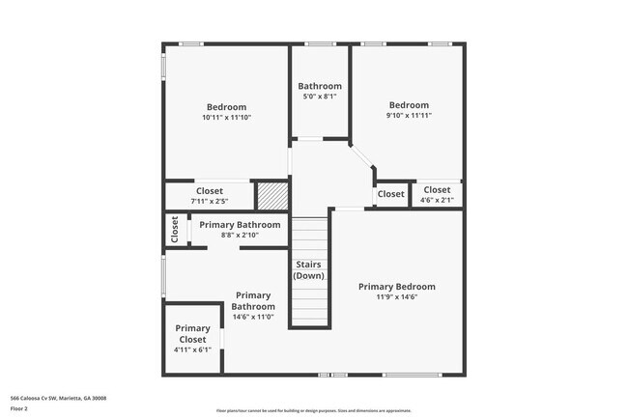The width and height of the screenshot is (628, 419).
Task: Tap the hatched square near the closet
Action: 271,195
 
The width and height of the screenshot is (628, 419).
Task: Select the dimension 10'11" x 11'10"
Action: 226,118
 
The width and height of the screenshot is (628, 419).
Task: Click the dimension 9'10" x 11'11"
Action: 408,115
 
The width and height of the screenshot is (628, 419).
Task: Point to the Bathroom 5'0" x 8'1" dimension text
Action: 319,97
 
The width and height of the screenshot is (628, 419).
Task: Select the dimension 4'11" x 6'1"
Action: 192,349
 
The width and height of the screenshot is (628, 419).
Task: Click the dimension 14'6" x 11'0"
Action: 252,317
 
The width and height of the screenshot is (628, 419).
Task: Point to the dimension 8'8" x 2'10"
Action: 238,235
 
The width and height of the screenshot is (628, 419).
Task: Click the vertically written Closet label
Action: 175,230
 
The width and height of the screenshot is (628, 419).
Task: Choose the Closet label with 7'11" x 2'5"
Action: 209,190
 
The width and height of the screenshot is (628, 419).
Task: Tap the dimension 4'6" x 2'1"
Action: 436,200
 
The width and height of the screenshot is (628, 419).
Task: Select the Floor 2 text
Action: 19,408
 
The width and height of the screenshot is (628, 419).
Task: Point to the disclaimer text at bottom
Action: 314,410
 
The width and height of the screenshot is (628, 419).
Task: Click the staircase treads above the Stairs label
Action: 310,236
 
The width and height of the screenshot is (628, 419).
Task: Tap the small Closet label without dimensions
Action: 390,194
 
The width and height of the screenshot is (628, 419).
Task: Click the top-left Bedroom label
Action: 226,107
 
